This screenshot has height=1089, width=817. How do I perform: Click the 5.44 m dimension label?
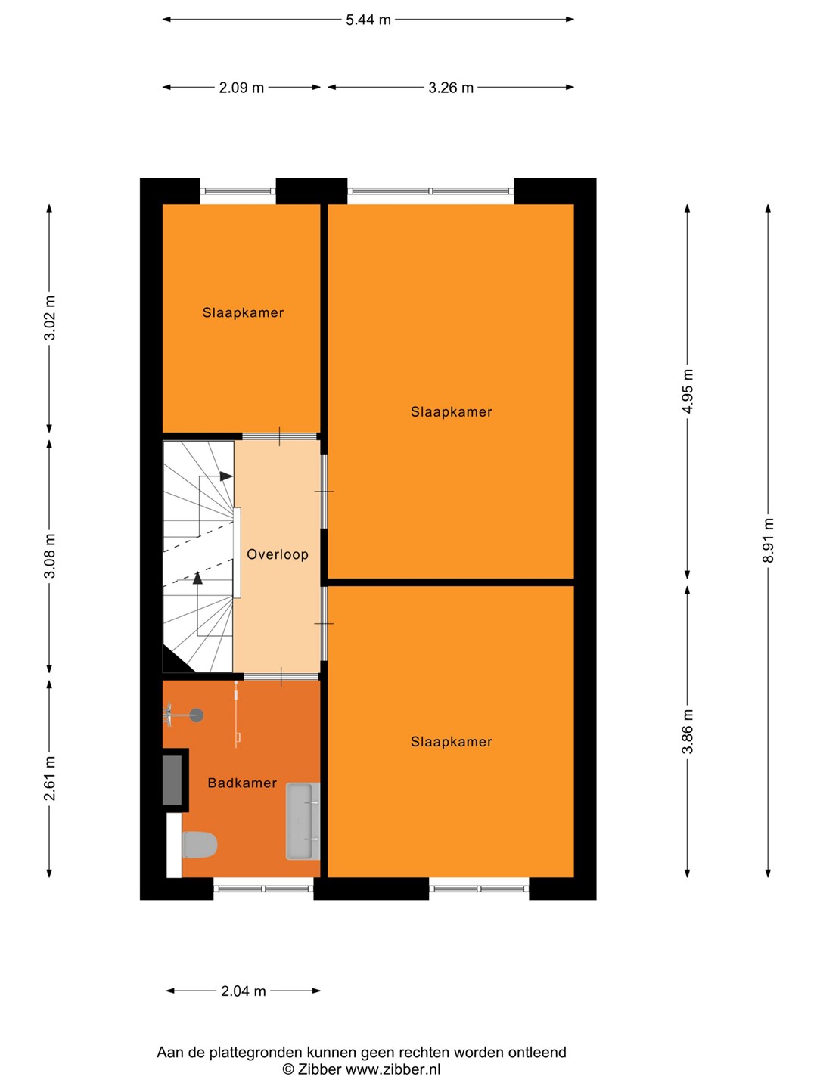368,20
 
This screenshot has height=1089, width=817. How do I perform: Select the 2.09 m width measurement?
241,88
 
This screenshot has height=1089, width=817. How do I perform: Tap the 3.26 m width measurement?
451,88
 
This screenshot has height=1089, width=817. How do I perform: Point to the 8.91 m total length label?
768,540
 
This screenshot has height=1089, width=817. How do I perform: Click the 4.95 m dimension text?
687,392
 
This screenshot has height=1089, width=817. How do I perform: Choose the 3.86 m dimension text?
687,732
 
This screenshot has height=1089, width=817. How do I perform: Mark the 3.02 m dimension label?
50,318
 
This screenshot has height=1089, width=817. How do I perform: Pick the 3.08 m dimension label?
50,556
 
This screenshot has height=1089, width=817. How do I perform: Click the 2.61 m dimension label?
50,779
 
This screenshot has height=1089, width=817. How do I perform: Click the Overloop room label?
278,554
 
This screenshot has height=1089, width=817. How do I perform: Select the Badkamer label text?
242,783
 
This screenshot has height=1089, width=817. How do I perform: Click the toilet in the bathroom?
200,845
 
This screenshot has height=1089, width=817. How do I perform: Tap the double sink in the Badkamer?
303,821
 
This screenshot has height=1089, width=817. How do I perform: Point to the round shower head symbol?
197,715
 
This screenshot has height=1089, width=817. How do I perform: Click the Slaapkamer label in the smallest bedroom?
243,312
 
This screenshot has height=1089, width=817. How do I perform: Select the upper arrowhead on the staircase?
226,476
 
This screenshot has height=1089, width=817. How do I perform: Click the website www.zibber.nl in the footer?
393,1069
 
